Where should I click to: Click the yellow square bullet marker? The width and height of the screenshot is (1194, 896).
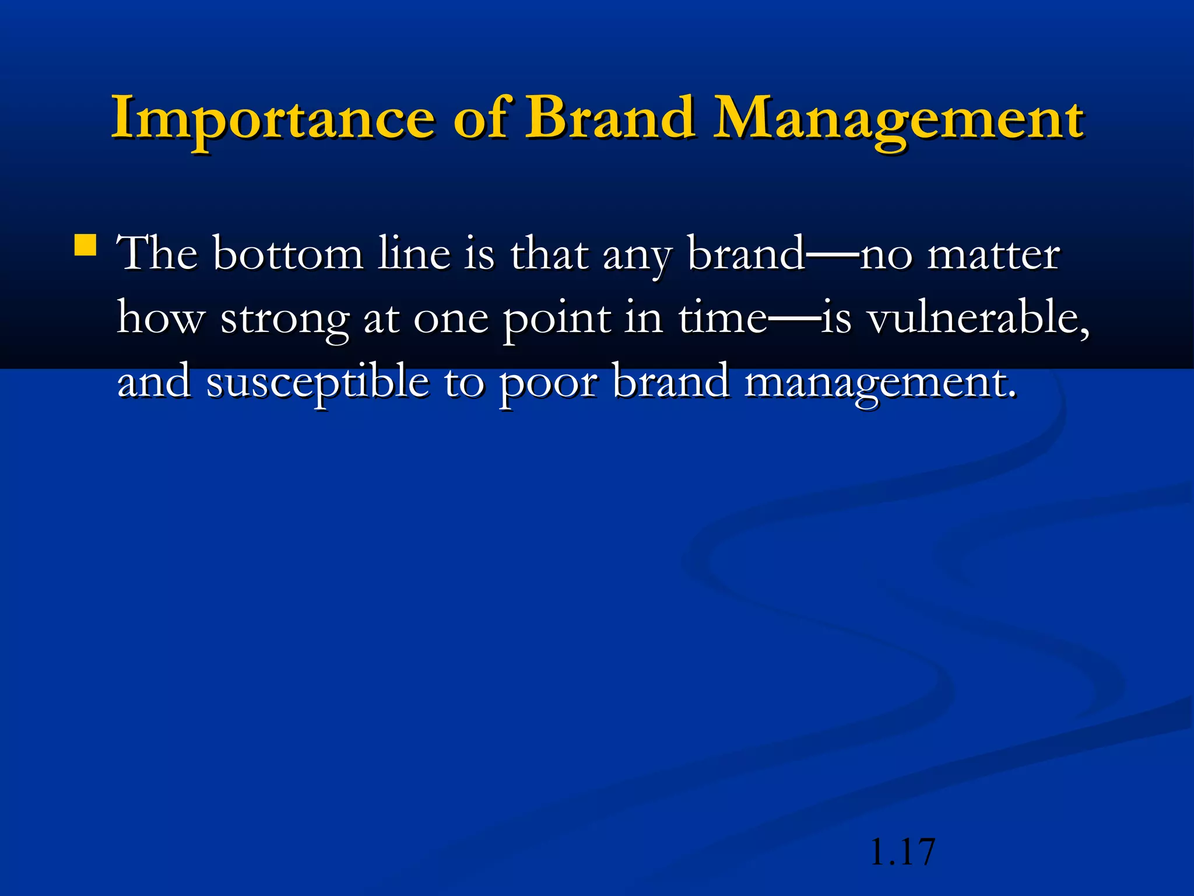[x=86, y=246]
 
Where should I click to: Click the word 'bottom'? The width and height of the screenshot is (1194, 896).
[x=287, y=254]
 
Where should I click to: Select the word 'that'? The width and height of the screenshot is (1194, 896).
[x=549, y=254]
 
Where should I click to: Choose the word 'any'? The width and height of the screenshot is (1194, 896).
[x=637, y=257]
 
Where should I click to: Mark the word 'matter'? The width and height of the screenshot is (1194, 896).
[x=993, y=254]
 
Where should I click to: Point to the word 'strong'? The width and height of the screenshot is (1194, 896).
[x=285, y=321]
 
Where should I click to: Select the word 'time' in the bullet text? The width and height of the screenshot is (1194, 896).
[x=723, y=318]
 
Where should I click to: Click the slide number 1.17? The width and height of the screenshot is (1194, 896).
[x=902, y=852]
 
